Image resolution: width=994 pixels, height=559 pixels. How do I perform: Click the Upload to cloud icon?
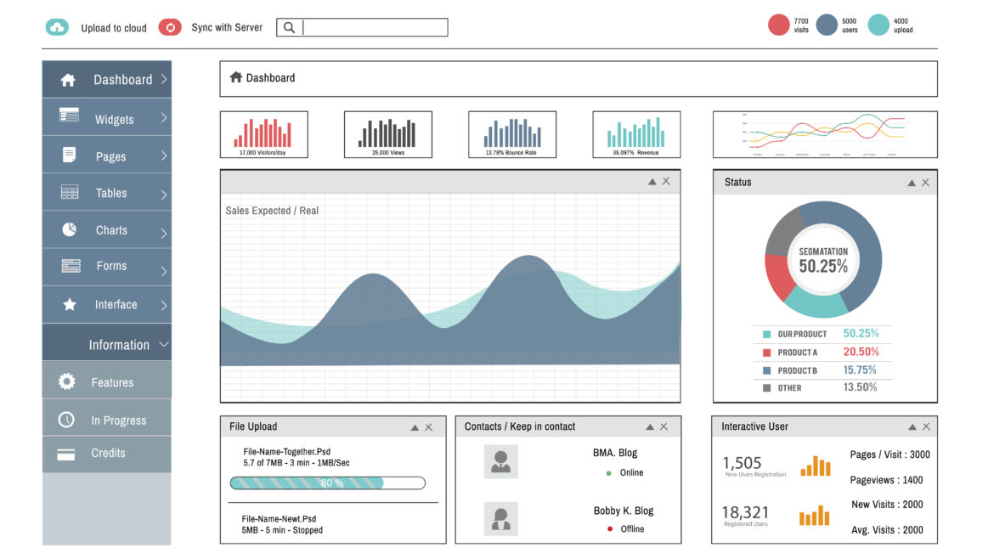[x=57, y=27]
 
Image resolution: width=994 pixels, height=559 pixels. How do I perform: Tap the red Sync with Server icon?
[x=170, y=27]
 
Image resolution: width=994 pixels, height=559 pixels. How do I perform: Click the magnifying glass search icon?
[x=289, y=27]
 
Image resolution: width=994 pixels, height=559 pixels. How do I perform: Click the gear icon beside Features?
[x=66, y=382]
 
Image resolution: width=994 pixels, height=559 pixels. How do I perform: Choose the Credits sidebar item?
[x=107, y=453]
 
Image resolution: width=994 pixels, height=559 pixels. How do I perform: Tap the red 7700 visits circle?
[x=779, y=25]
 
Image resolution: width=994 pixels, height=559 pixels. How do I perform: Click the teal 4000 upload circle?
[x=878, y=25]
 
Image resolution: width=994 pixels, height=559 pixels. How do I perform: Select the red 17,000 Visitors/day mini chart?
[x=263, y=134]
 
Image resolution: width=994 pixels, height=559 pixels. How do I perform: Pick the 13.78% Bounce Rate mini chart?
[x=512, y=134]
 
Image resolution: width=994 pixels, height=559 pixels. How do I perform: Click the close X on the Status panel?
[x=925, y=183]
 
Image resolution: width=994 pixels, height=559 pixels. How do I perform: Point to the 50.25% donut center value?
[x=823, y=266]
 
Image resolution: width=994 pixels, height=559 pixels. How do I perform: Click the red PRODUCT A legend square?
[x=767, y=353]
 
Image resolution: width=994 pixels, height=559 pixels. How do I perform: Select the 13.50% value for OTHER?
[x=860, y=387]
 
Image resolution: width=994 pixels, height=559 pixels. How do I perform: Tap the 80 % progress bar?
[x=327, y=483]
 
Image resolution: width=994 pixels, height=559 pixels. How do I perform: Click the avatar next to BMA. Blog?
[x=500, y=461]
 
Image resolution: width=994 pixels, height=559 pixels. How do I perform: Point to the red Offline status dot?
[x=609, y=529]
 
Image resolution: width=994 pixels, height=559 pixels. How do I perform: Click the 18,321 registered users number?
[x=745, y=512]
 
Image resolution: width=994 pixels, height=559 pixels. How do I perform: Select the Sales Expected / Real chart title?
[x=272, y=211]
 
